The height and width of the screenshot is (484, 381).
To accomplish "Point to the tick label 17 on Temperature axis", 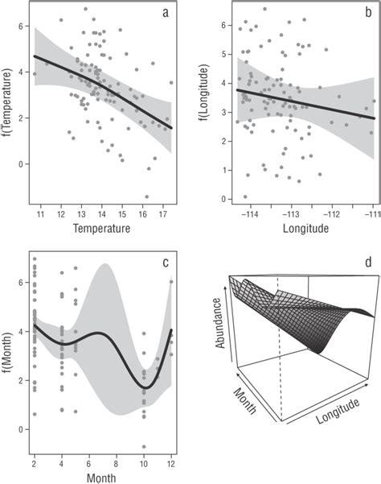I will tap(162, 215).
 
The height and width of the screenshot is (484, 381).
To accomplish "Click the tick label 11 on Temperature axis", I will tap(41, 215).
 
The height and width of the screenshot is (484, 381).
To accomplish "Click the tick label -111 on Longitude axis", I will tap(373, 215).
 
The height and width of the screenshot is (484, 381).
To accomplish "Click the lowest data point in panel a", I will tap(146, 196).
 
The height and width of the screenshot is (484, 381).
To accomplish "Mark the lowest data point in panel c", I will tap(144, 446).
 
